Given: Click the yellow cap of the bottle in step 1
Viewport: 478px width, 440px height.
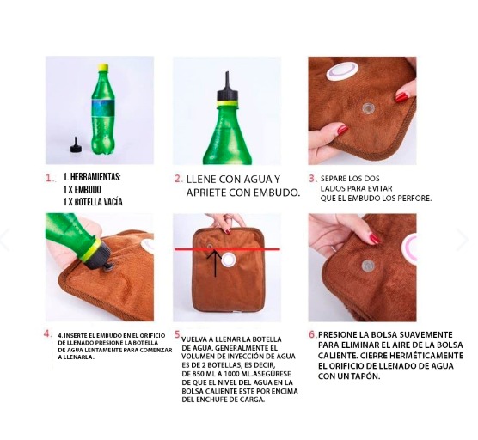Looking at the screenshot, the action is point(103,67).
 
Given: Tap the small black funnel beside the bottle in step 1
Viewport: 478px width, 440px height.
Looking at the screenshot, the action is point(76,145).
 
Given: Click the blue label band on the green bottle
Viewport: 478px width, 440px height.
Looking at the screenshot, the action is point(103,107).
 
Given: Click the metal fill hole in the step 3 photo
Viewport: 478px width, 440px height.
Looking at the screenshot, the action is point(368,107).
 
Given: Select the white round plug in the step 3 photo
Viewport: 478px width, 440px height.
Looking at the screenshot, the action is point(341,71).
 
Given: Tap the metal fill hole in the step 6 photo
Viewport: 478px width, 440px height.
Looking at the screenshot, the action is point(368,266).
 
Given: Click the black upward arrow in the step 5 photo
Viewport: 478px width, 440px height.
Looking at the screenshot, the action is point(215,263).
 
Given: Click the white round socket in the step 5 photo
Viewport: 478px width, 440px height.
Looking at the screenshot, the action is point(228,260).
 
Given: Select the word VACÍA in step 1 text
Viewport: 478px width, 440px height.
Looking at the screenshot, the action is point(114,202).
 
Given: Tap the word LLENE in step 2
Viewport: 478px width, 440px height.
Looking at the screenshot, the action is point(201,179).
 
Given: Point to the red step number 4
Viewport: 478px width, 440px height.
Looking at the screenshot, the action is point(47,333).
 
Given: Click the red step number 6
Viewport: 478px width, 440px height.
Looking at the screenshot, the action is point(313,334).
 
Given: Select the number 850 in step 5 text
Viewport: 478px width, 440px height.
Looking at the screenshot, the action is point(199,374).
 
